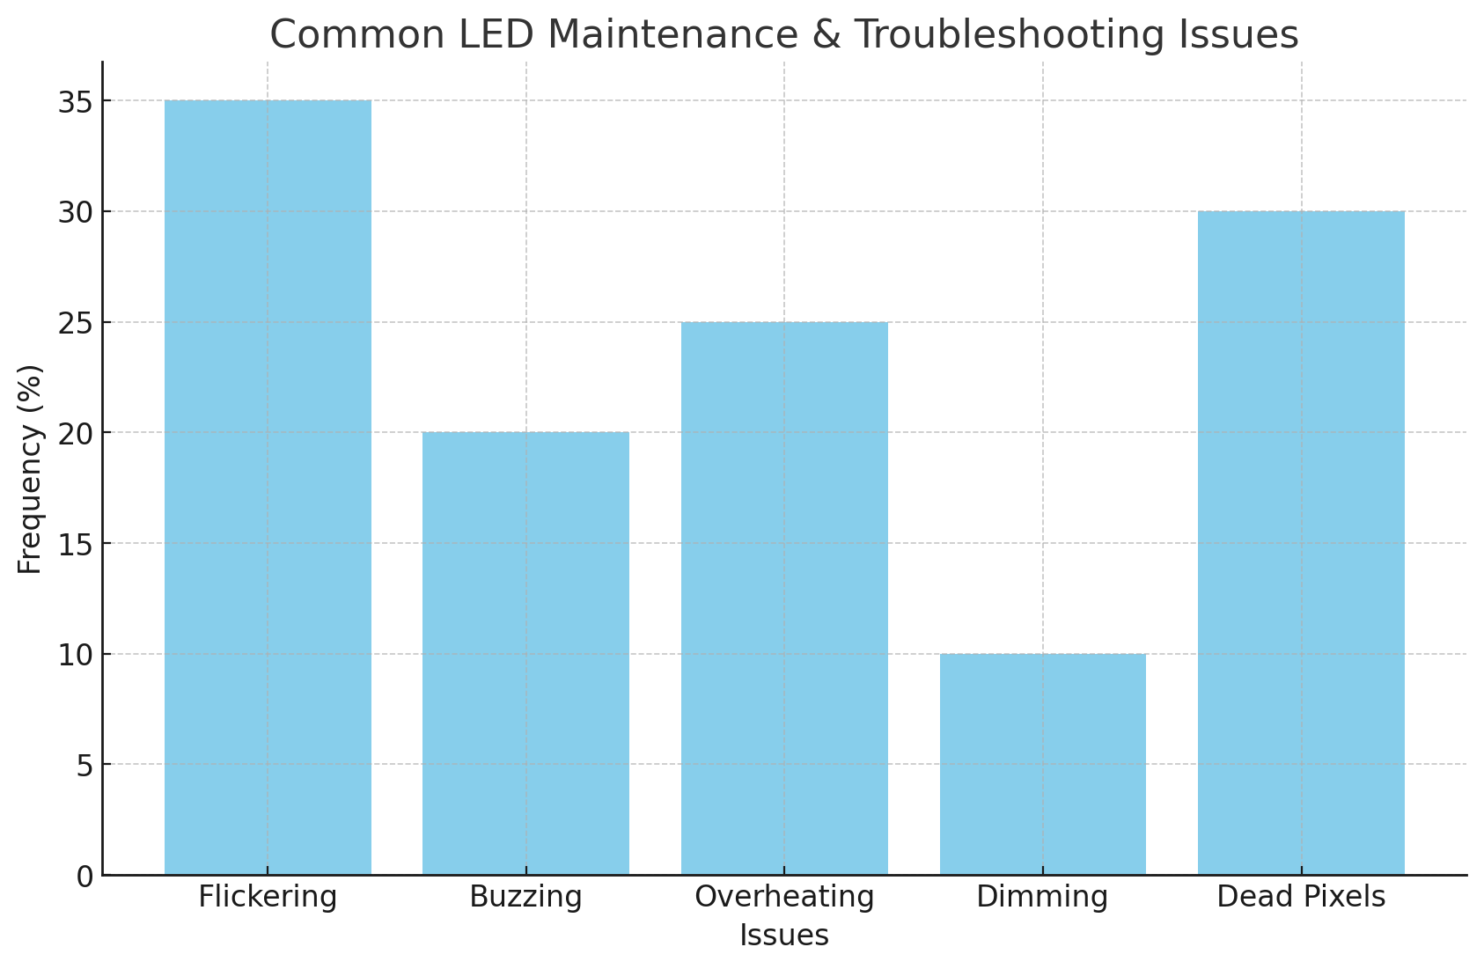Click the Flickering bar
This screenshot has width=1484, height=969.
tap(268, 488)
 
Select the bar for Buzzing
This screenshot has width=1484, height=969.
tap(525, 653)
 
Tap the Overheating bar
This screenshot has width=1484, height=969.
tap(784, 598)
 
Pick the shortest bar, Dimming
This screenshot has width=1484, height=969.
tap(1043, 764)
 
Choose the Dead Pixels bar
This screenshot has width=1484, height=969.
tap(1301, 543)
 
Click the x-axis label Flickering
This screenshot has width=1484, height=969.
tap(268, 898)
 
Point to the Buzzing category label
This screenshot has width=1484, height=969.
tap(525, 898)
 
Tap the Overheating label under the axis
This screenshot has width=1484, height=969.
tap(784, 898)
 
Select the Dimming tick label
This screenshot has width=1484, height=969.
tap(1043, 898)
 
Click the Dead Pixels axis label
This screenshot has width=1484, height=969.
tap(1301, 898)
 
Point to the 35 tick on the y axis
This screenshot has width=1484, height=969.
tap(75, 102)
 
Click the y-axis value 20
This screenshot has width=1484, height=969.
tap(75, 434)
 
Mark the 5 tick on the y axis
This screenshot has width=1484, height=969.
tap(83, 766)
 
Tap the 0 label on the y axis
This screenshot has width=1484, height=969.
tap(83, 877)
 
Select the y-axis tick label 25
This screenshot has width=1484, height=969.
tap(75, 323)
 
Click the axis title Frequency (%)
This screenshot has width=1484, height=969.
tap(30, 469)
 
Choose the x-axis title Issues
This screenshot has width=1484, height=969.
tap(784, 936)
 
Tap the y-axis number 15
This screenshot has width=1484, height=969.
tap(75, 545)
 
